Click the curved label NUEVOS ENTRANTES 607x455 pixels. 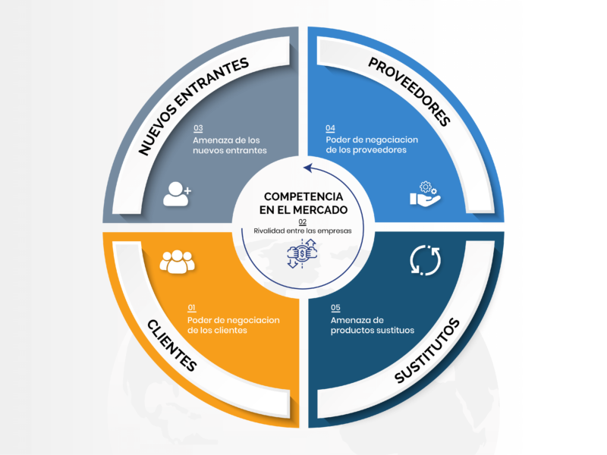tap(194, 106)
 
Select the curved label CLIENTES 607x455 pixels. tap(172, 342)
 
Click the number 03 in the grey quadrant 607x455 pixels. tap(198, 128)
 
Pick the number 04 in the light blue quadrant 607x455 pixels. tap(331, 128)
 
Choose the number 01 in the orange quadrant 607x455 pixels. tap(191, 307)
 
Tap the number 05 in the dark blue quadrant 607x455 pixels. tap(335, 308)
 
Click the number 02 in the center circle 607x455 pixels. tap(302, 221)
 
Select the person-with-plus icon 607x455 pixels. tap(178, 194)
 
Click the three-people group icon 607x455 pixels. tap(177, 262)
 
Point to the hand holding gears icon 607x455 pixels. tap(425, 194)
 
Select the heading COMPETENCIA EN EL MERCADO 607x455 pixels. tap(303, 202)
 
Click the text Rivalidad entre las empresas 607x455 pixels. tap(303, 231)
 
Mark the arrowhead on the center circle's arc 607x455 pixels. tap(305, 168)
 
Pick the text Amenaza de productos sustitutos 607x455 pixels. tap(373, 325)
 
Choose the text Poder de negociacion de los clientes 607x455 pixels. tap(233, 325)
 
